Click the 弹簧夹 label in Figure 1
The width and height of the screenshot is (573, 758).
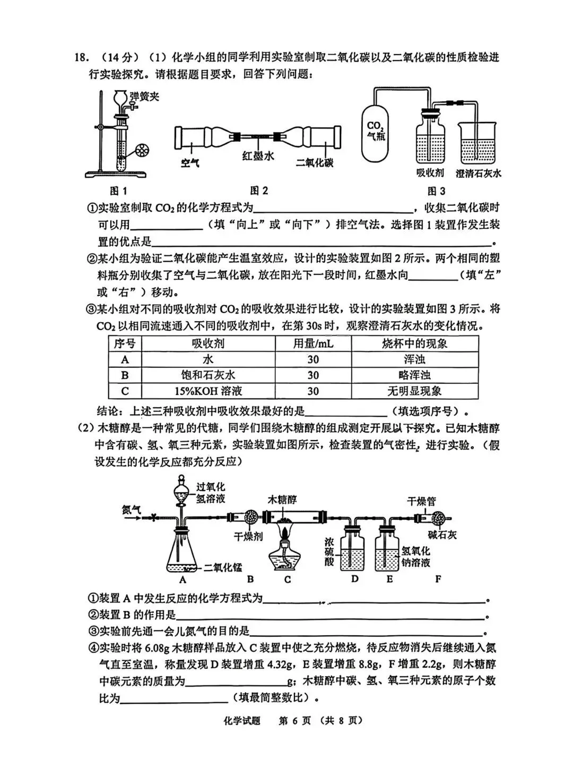tap(144, 96)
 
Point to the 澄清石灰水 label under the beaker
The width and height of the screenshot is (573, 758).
tap(479, 173)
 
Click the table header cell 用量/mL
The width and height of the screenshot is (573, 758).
tap(313, 343)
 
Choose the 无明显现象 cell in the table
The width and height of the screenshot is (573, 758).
tap(414, 391)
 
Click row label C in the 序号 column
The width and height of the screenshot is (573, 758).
tap(125, 391)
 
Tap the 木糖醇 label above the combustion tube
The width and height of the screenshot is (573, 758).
tap(282, 499)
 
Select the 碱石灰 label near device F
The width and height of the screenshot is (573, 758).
tap(442, 535)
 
